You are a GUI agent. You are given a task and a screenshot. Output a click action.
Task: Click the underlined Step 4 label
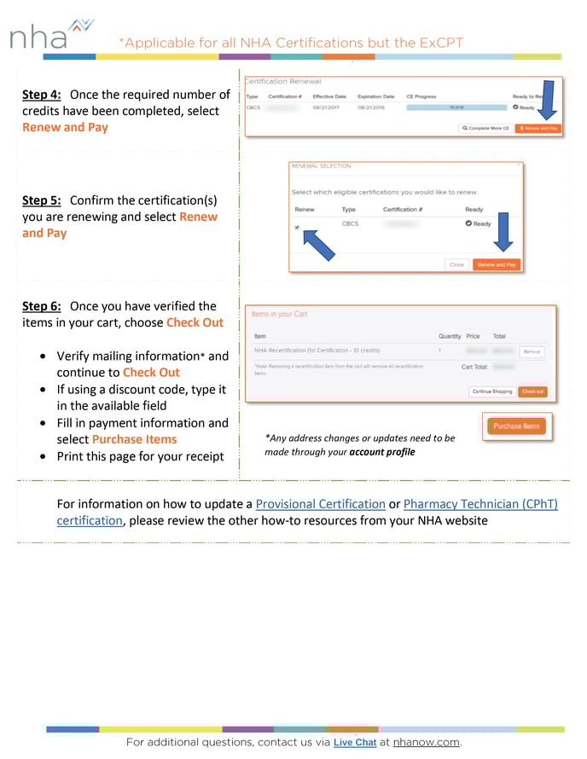(x=41, y=95)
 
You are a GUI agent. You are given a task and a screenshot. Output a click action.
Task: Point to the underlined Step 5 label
(x=41, y=200)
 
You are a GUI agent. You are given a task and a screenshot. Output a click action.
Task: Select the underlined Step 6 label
(x=41, y=306)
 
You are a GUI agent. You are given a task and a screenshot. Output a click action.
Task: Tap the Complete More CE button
(x=485, y=128)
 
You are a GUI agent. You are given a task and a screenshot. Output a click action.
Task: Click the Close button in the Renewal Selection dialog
(x=456, y=264)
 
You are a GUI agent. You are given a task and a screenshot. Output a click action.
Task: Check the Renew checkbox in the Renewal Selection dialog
(x=298, y=228)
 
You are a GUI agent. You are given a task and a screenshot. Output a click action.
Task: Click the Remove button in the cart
(x=531, y=351)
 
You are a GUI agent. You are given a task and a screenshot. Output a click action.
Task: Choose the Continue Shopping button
(x=491, y=391)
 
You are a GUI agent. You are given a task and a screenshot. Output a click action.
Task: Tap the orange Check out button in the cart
(x=532, y=391)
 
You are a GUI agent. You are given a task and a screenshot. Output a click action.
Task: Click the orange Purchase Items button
(x=517, y=426)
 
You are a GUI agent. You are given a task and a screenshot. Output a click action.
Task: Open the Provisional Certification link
(x=320, y=504)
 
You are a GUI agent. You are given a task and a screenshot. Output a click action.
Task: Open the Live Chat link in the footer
(x=354, y=742)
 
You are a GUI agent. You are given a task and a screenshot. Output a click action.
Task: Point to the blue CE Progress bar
(x=456, y=107)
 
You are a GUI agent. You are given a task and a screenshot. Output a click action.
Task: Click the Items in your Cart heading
(x=279, y=314)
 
